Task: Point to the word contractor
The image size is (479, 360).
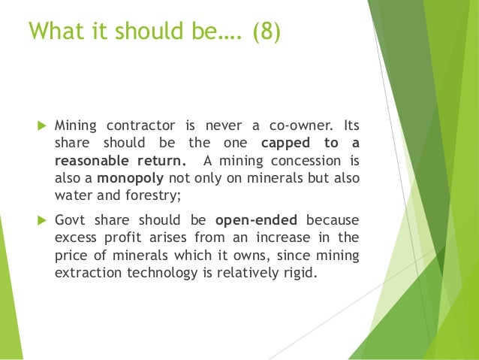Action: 138,125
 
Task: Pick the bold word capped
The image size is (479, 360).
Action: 285,143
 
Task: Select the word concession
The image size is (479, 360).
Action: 308,161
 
